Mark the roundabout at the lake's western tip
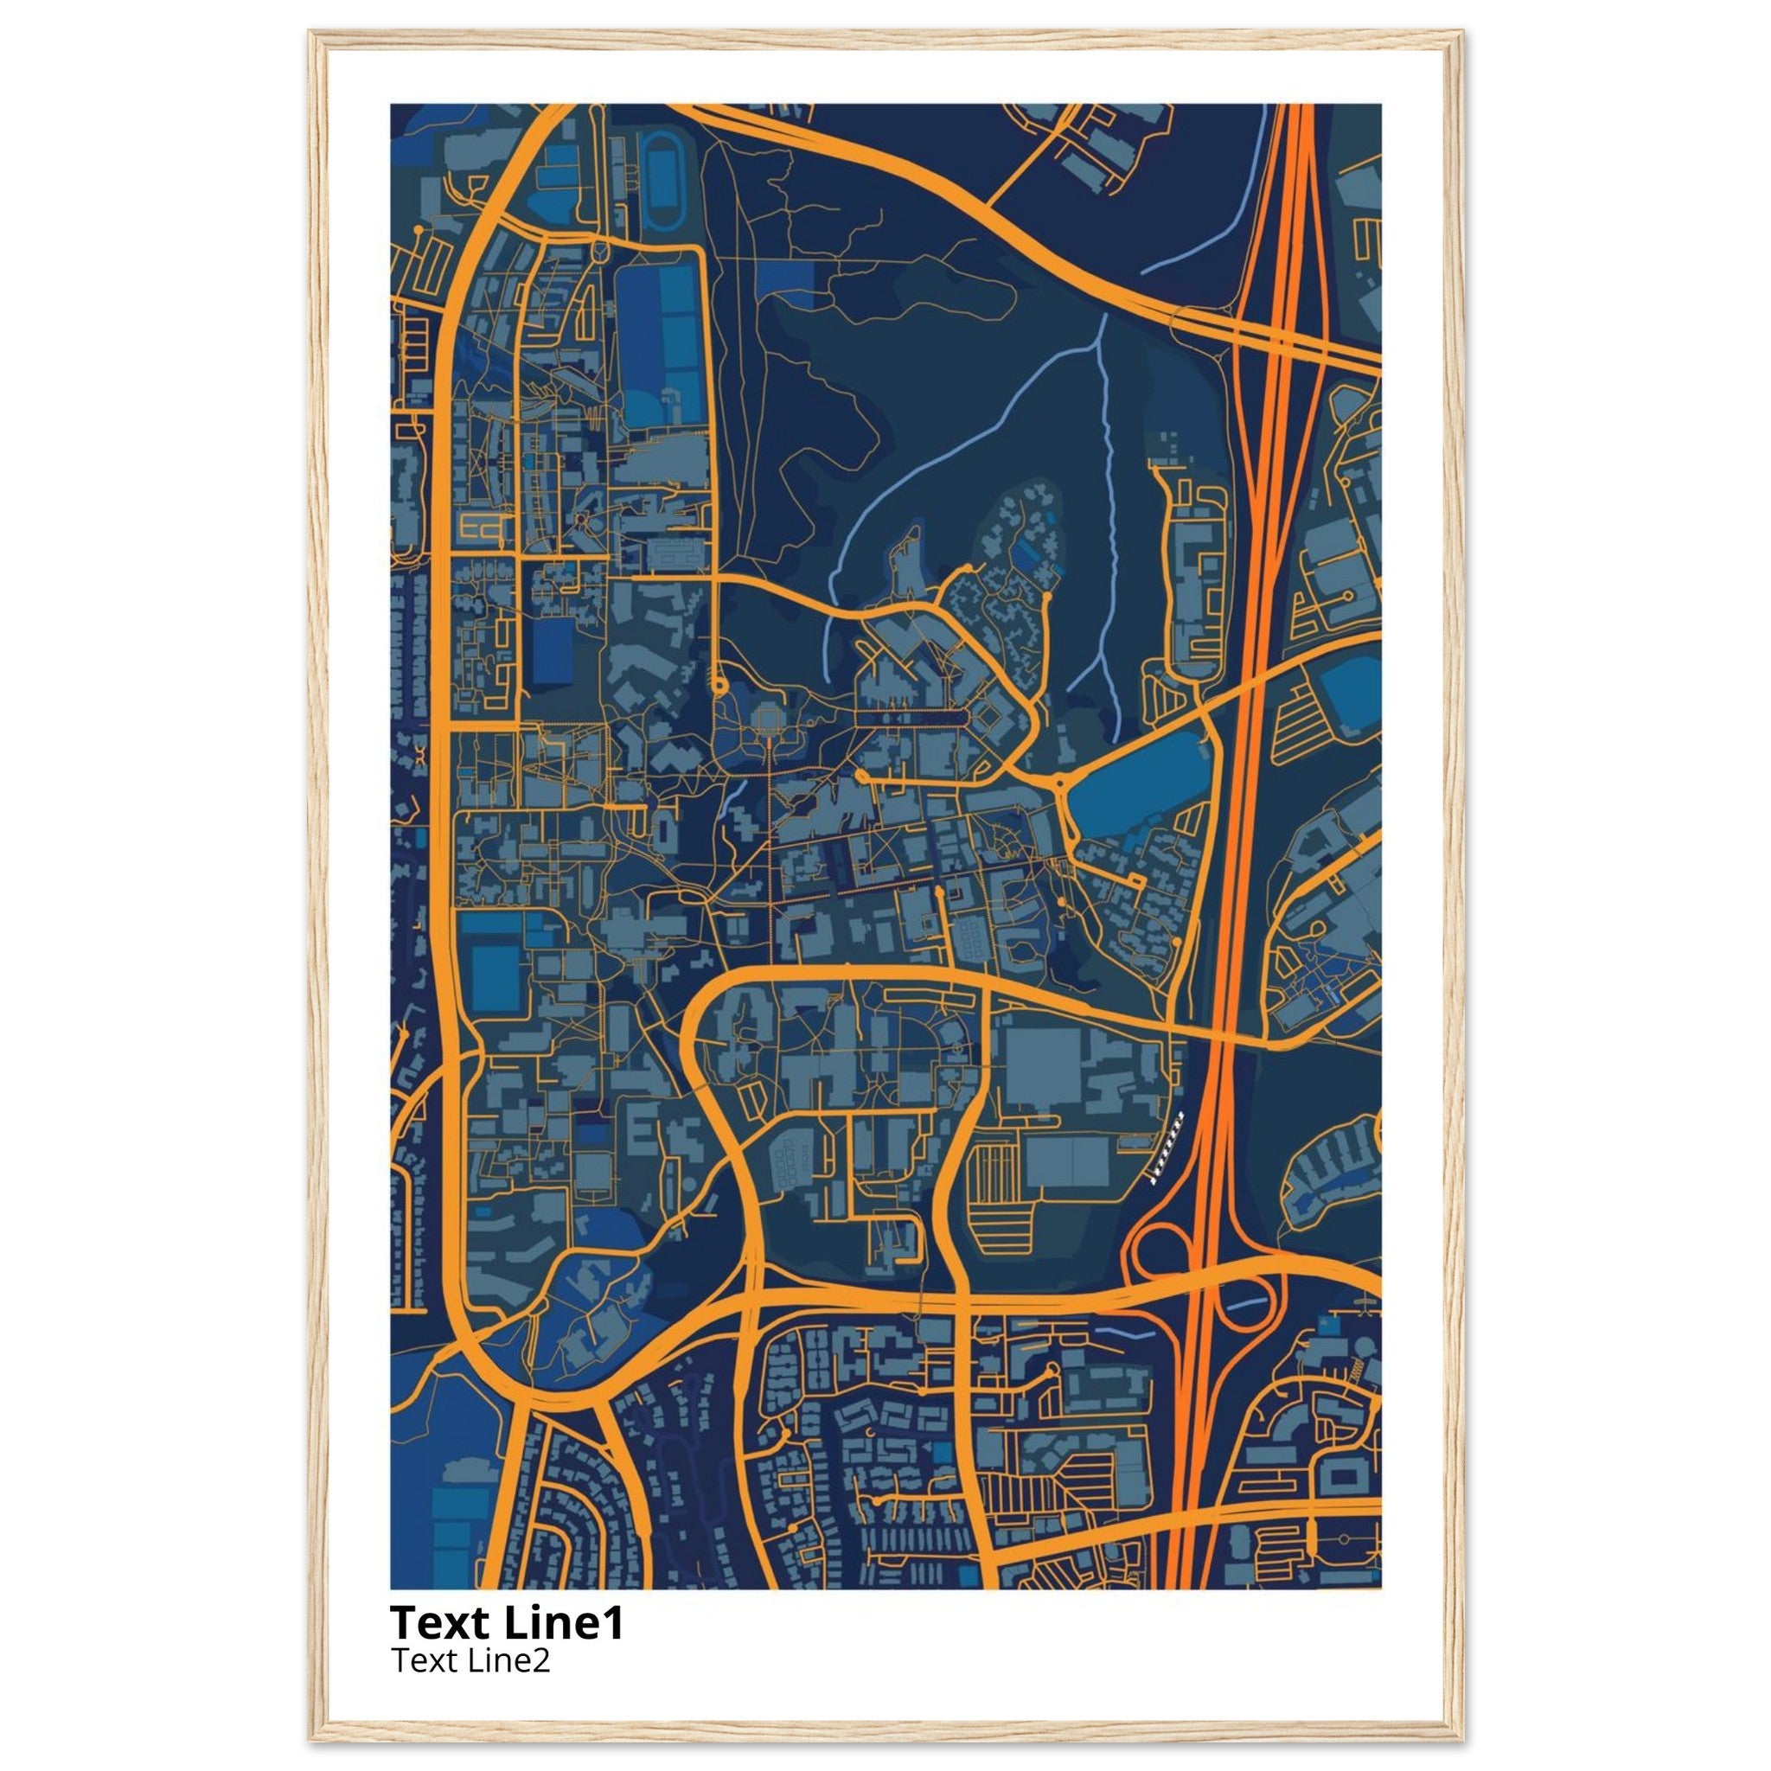pos(1060,784)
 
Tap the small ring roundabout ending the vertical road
pos(719,684)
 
